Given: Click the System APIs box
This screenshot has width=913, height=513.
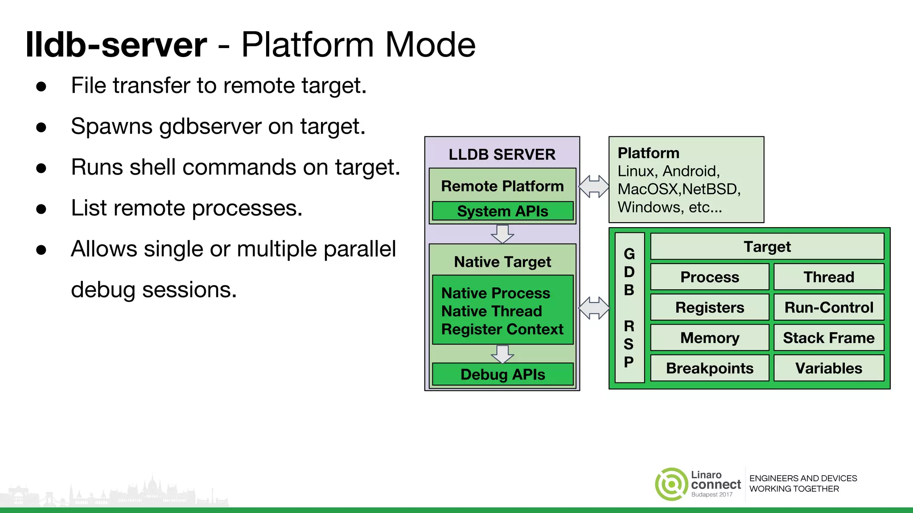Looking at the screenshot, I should click(502, 211).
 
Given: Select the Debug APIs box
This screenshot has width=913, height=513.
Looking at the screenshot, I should click(502, 375).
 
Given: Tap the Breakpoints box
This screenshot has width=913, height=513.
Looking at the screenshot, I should click(709, 368).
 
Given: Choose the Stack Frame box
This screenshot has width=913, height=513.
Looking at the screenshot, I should click(828, 338).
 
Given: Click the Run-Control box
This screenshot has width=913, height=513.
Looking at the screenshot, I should click(828, 307).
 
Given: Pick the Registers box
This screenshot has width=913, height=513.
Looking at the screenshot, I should click(709, 307).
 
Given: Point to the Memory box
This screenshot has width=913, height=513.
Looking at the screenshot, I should click(709, 338).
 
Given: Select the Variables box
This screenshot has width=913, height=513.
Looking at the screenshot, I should click(828, 368).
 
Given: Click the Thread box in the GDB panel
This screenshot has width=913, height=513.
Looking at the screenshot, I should click(828, 277).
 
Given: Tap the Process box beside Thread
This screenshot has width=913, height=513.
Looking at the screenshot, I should click(709, 277).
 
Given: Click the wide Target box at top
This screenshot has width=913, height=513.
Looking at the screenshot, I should click(767, 247).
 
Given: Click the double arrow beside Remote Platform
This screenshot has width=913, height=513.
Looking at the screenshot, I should click(594, 186).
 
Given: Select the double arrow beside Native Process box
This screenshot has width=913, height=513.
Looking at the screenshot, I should click(594, 308).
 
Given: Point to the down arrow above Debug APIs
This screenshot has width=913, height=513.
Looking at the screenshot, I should click(502, 354).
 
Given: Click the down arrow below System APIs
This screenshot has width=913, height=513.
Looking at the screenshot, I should click(502, 234).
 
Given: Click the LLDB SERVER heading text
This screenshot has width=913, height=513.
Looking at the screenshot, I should click(502, 155).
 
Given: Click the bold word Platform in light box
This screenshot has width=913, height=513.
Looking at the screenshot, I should click(648, 153).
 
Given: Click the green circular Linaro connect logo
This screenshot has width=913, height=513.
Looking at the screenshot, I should click(671, 484).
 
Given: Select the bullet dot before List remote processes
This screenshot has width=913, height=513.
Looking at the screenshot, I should click(41, 209).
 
